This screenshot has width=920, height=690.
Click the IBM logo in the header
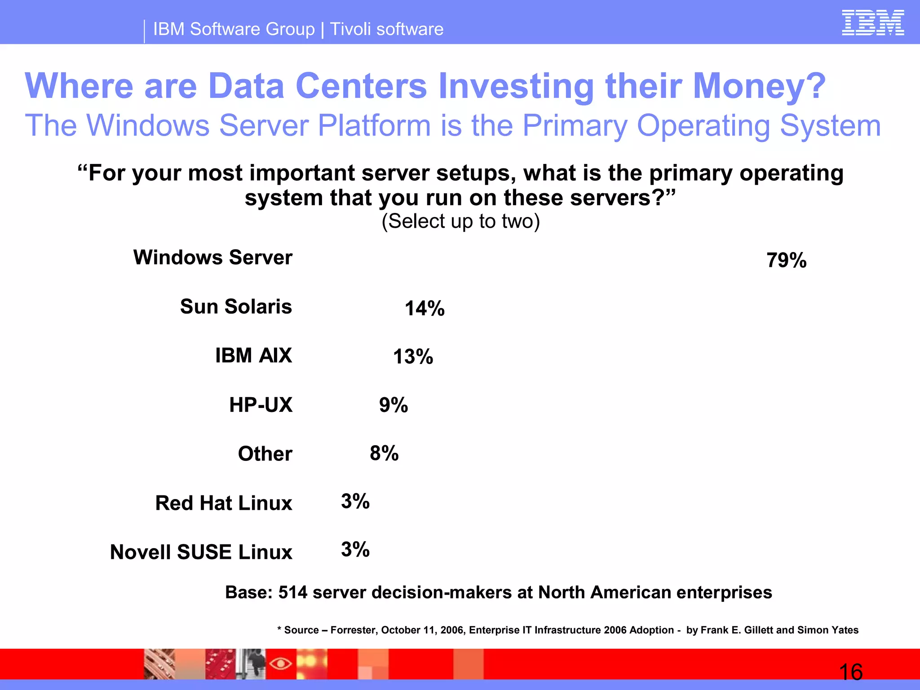(872, 23)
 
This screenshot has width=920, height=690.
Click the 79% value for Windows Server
(786, 261)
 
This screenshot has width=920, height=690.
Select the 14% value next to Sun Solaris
(425, 309)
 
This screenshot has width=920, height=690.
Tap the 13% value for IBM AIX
(413, 357)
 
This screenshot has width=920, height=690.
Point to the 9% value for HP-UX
(394, 405)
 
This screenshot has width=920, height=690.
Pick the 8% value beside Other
(384, 453)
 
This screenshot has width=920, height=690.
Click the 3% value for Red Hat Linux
(355, 501)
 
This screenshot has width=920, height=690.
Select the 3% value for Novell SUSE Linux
(355, 549)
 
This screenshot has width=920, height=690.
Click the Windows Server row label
(213, 257)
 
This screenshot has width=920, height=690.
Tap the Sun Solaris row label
(236, 306)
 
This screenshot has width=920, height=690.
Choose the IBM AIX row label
(253, 355)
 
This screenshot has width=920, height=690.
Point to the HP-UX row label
(261, 405)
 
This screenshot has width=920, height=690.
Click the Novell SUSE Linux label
(201, 552)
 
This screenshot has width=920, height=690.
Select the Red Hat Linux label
(223, 503)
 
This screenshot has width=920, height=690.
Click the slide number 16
(850, 672)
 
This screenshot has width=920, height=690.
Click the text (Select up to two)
(460, 221)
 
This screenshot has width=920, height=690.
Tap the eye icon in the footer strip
(281, 663)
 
